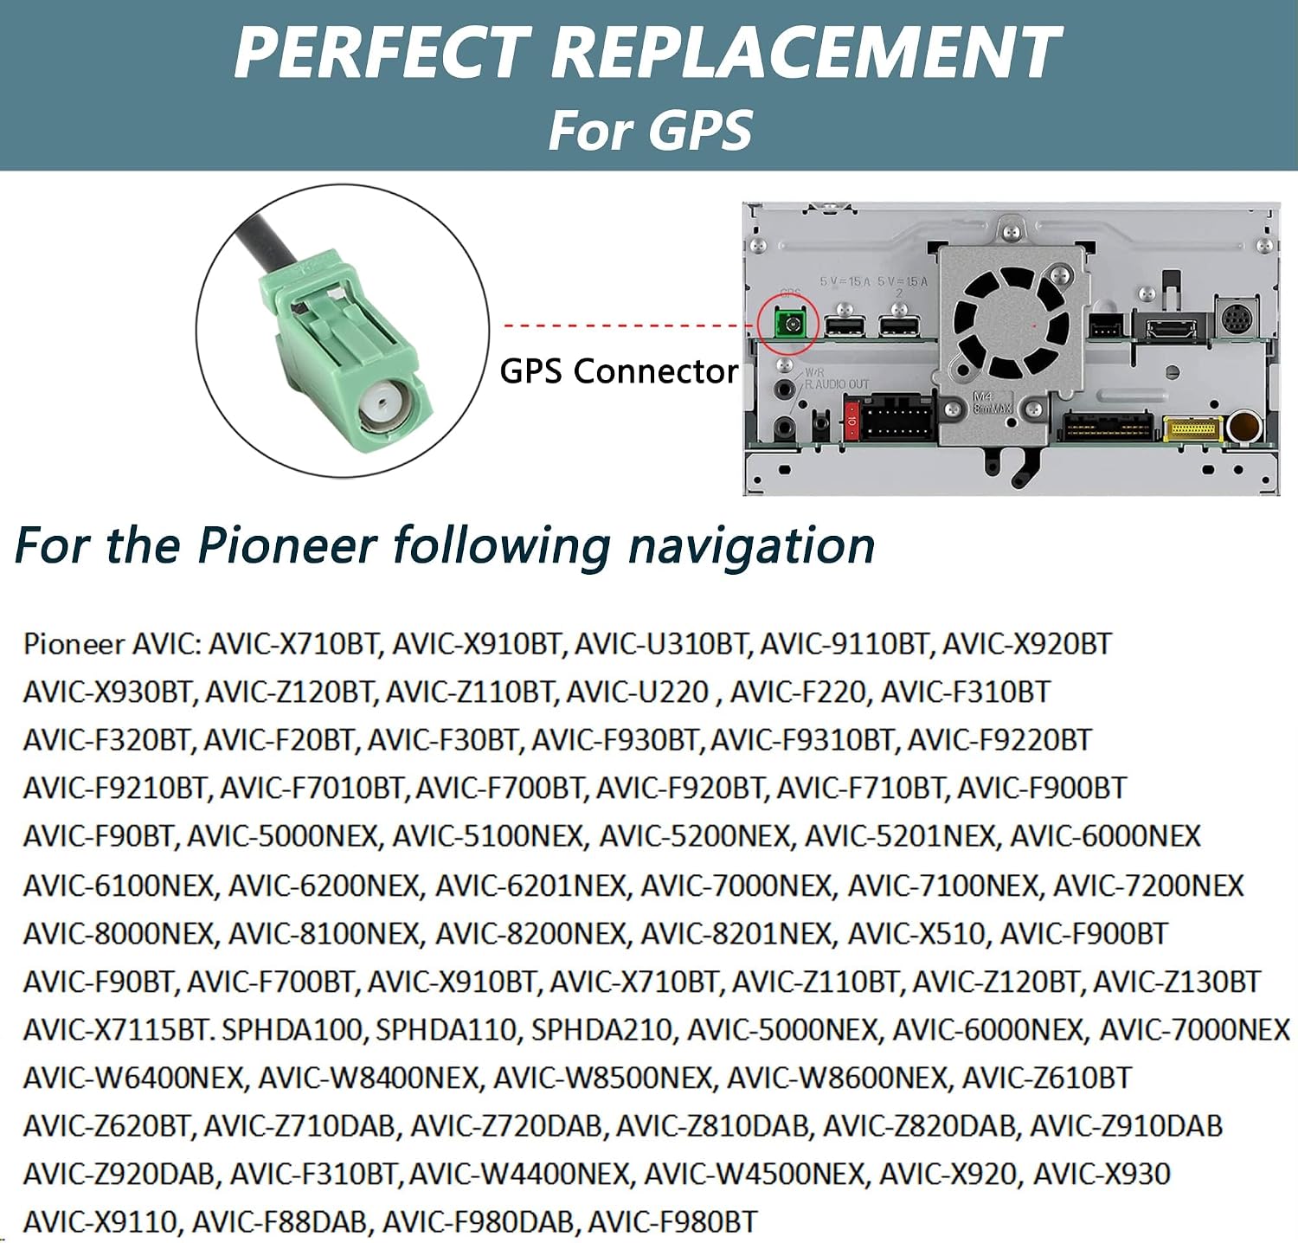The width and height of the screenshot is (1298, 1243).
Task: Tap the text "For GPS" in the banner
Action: pyautogui.click(x=651, y=131)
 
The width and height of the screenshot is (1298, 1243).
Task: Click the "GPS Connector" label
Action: pyautogui.click(x=619, y=371)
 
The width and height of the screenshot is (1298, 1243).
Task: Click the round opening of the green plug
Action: pyautogui.click(x=382, y=403)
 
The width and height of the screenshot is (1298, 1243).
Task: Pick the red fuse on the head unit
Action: pyautogui.click(x=851, y=421)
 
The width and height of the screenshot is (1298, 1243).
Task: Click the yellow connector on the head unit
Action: pyautogui.click(x=1193, y=428)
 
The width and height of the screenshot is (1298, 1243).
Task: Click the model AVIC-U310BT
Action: pyautogui.click(x=661, y=644)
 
